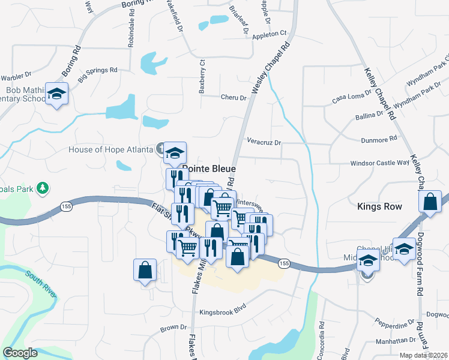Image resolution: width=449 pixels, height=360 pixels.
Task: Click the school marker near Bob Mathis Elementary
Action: click(57, 94)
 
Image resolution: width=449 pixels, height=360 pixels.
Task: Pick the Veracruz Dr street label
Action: click(264, 142)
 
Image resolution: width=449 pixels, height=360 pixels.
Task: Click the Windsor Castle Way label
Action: click(380, 163)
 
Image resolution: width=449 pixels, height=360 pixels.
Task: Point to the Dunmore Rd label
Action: click(379, 138)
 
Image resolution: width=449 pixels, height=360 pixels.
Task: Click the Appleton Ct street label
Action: click(270, 34)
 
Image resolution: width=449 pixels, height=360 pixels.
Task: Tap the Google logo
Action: click(20, 353)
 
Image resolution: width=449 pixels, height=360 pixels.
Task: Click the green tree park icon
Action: click(42, 189)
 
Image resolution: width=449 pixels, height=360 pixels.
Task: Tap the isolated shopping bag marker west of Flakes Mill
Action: click(145, 271)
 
